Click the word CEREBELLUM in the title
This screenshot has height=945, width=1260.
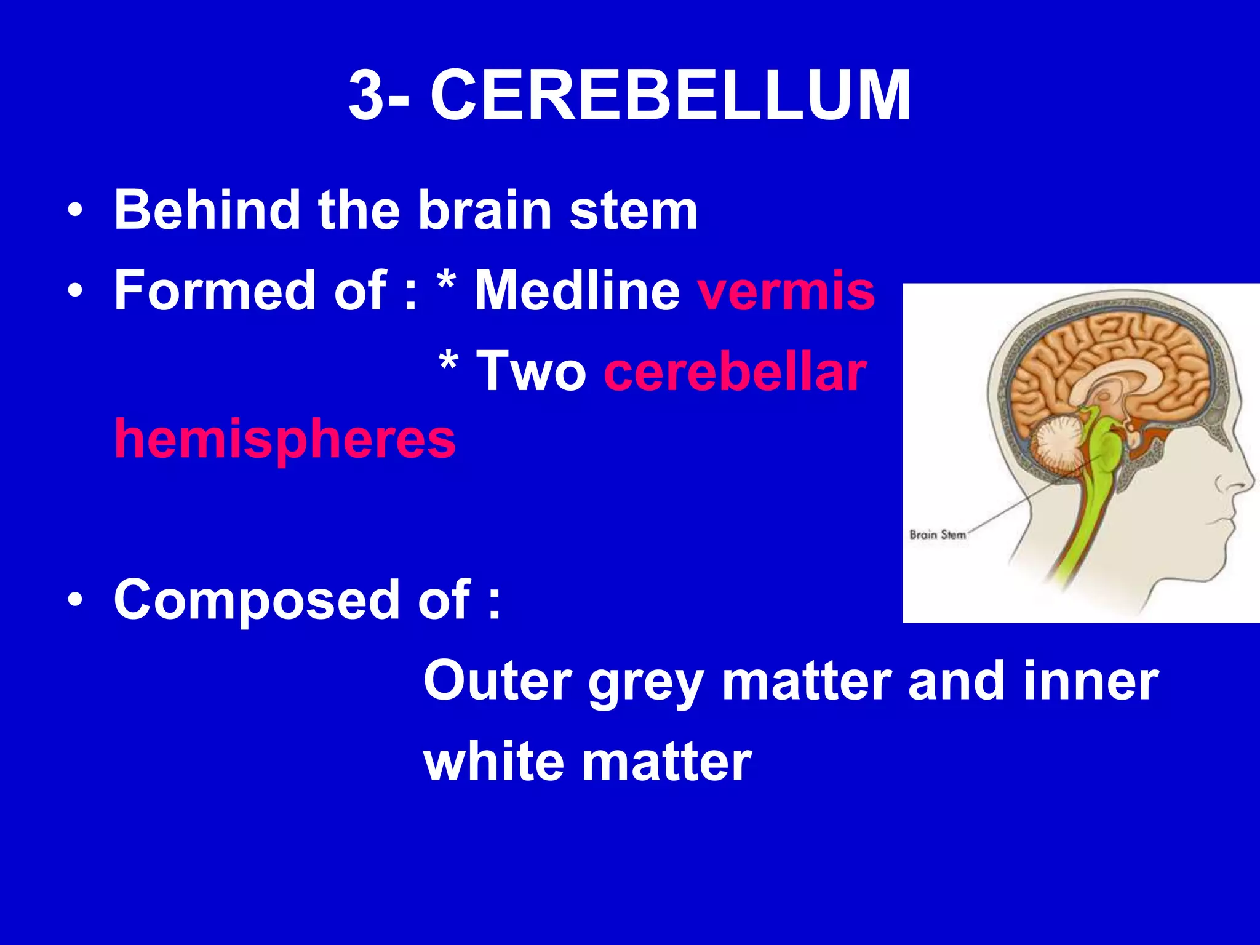[x=670, y=96]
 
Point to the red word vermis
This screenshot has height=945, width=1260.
[x=786, y=291]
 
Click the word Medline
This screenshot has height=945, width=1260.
[x=576, y=291]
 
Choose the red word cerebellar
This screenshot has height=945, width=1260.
[x=735, y=372]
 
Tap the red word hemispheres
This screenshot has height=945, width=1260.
[x=285, y=439]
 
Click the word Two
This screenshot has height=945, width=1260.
[x=532, y=372]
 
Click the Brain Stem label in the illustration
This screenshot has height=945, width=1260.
[x=938, y=535]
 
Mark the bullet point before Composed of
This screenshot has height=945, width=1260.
[x=75, y=599]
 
